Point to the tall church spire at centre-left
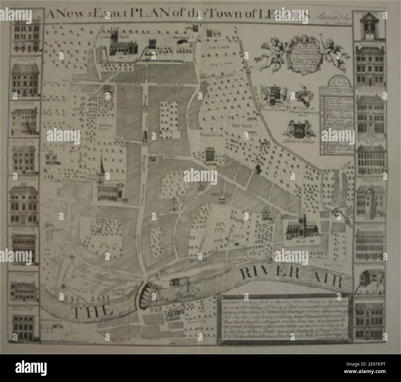click(101, 168)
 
